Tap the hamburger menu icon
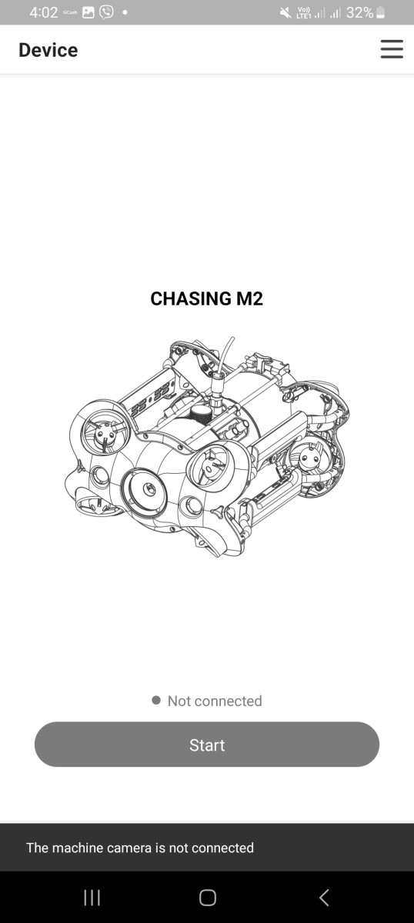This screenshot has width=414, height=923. point(392,49)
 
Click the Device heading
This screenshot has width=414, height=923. point(48,50)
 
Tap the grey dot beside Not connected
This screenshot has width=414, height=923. point(156,700)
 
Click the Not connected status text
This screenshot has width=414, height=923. point(215,701)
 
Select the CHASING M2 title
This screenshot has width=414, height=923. point(206,298)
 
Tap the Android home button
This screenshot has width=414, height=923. point(208,898)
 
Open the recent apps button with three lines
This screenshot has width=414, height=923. point(92,898)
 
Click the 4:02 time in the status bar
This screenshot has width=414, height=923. point(44,13)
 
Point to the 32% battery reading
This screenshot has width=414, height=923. point(359,13)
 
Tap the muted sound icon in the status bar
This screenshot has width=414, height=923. point(285,13)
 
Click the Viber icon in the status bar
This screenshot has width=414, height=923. point(106,12)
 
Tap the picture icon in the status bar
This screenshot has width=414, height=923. point(88,13)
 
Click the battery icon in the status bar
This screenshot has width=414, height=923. point(381,13)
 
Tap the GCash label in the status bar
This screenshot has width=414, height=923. point(70,12)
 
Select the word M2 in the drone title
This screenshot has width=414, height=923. point(249,298)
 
